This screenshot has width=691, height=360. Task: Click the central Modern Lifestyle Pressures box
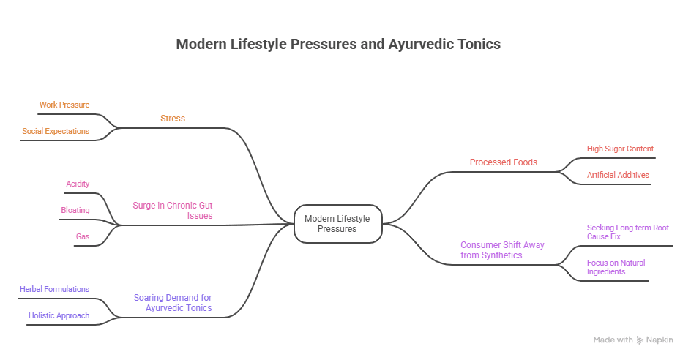(x=338, y=224)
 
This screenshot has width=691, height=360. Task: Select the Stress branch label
(x=173, y=118)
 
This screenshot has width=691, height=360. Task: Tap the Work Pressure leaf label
(x=64, y=105)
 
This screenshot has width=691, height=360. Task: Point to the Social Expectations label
(x=56, y=131)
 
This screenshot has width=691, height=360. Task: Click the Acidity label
(x=78, y=184)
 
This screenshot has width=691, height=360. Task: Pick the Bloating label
(x=75, y=210)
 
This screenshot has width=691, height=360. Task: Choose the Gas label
(x=83, y=236)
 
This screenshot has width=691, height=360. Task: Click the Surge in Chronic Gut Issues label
(x=173, y=211)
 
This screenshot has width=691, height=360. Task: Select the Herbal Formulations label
(x=54, y=289)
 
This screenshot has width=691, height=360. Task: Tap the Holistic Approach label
(x=59, y=315)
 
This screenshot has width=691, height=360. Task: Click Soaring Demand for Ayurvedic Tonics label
(x=173, y=303)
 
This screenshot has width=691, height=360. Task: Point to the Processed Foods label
(x=504, y=162)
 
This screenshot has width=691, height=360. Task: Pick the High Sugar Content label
(x=620, y=149)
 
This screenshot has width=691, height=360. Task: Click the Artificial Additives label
(x=618, y=175)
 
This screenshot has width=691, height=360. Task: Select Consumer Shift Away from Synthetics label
(x=502, y=250)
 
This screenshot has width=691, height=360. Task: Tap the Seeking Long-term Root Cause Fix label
(x=628, y=232)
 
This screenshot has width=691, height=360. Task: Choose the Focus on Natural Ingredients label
(x=616, y=267)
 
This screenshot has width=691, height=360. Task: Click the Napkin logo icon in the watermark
(x=640, y=340)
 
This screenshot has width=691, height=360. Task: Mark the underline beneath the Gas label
(x=85, y=245)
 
